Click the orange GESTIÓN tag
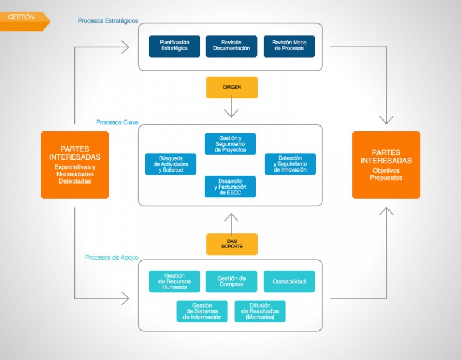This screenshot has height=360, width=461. pos(24,21)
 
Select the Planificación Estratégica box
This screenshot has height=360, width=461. pos(175,46)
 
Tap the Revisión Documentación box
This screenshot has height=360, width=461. pos(231,46)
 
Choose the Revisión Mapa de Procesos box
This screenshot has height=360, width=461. pos(289,46)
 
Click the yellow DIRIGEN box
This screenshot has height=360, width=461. pos(232,88)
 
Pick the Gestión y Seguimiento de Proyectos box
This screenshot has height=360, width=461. pos(230,144)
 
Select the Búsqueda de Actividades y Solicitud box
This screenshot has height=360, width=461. pos(170,164)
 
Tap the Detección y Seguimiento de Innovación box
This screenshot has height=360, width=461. pos(290,164)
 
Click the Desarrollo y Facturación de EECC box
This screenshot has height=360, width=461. pos(230,187)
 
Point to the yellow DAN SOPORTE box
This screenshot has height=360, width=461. pos(232,244)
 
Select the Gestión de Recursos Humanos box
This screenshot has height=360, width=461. pos(175,281)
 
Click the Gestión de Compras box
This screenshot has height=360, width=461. pos(231,281)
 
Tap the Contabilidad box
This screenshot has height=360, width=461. pos(289,281)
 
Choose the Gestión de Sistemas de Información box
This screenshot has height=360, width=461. pos(202,311)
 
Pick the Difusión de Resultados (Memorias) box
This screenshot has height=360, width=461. pos(260,311)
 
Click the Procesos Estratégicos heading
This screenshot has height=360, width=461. pos(108,21)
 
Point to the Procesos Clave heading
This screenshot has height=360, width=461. pos(117,122)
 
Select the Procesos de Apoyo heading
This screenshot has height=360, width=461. pos(112,258)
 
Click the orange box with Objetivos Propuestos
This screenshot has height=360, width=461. pos(386,165)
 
